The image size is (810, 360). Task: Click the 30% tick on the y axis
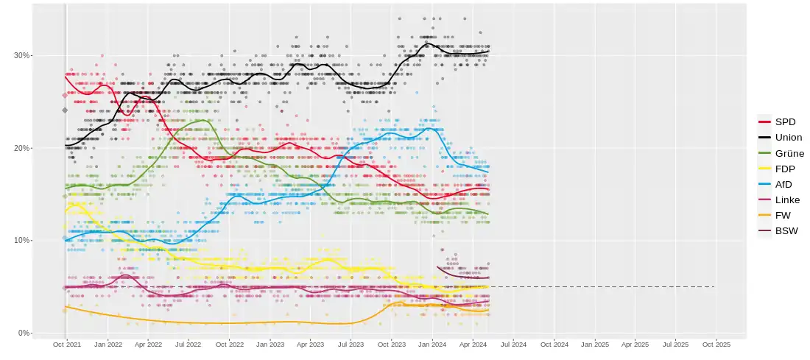click(x=21, y=55)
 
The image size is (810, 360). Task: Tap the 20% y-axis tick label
click(x=21, y=148)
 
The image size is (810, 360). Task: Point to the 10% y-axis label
click(x=21, y=241)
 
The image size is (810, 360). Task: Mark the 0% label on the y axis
click(x=24, y=333)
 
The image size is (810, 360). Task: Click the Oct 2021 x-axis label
click(x=67, y=344)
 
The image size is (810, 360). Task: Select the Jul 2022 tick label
click(x=189, y=344)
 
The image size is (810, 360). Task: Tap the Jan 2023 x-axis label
click(x=270, y=344)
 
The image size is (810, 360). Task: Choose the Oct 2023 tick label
click(x=392, y=344)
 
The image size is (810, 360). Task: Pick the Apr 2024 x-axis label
click(x=473, y=344)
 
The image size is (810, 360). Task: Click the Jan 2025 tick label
click(x=595, y=344)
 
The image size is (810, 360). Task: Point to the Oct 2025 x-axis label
click(x=716, y=344)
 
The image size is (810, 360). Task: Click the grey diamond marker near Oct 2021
click(x=65, y=110)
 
